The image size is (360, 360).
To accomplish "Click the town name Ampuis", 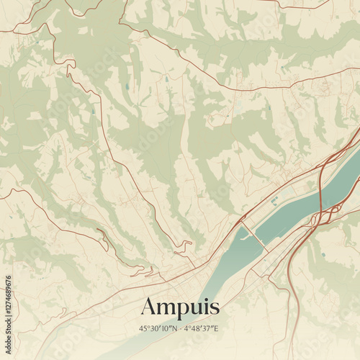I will (x=180, y=307).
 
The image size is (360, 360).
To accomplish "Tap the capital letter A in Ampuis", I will (x=149, y=306).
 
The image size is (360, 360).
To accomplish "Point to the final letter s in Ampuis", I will (x=215, y=308).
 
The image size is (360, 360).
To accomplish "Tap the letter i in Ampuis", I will (x=207, y=306).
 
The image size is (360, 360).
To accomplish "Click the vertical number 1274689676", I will (x=8, y=310).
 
